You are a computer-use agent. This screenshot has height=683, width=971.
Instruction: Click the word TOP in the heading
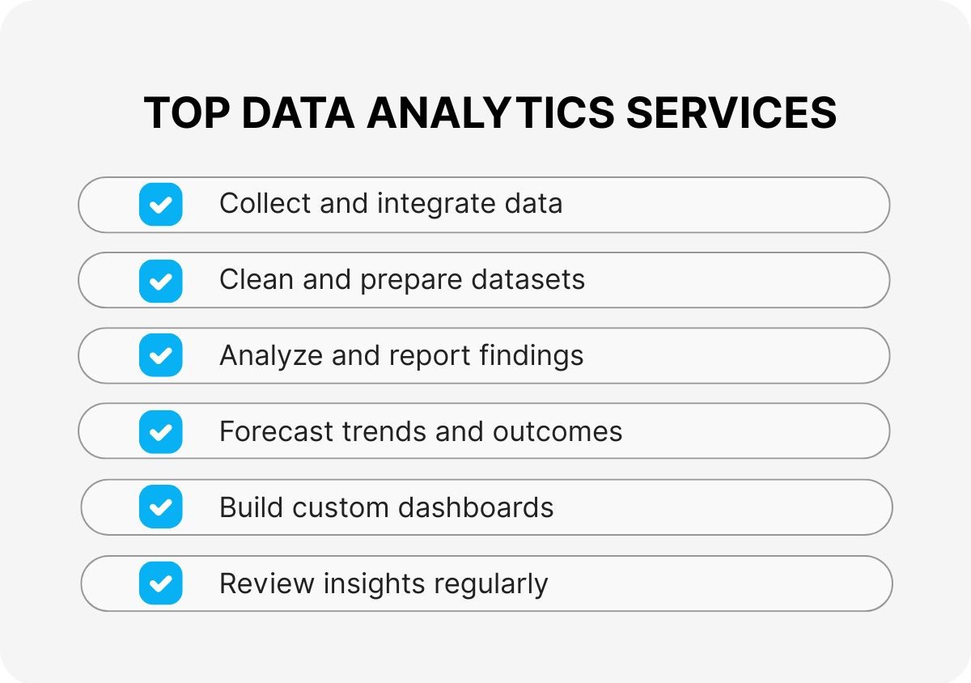point(186,113)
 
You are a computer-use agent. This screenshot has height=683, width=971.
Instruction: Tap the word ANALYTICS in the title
point(490,113)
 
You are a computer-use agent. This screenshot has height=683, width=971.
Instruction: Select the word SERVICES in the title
point(731,113)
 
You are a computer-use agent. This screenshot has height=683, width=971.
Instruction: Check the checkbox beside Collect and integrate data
point(160,204)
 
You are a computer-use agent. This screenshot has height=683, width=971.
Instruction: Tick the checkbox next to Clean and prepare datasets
point(160,280)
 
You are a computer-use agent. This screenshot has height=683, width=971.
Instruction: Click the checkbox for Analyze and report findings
point(160,356)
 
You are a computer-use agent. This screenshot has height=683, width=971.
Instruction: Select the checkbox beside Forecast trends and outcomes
point(160,432)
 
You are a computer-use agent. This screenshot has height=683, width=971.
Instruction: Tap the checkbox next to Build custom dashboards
point(160,507)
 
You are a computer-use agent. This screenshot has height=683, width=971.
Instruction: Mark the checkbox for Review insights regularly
point(160,583)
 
